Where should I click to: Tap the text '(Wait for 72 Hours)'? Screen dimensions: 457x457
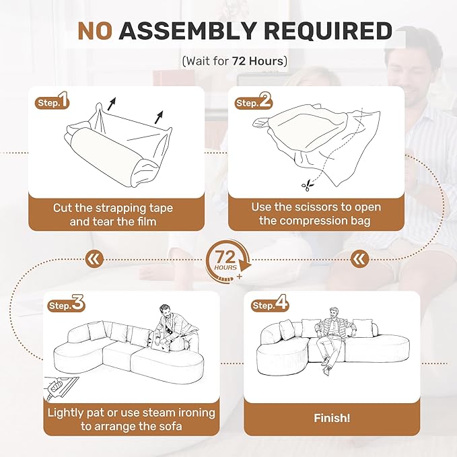click(x=235, y=61)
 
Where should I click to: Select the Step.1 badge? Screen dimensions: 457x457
click(x=51, y=103)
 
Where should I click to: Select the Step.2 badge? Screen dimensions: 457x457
click(x=253, y=103)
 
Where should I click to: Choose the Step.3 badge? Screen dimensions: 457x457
click(x=66, y=305)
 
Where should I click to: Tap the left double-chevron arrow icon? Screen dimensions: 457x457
click(x=95, y=258)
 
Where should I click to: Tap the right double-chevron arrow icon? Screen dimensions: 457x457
click(x=360, y=258)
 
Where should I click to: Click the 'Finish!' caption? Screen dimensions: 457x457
click(x=332, y=419)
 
